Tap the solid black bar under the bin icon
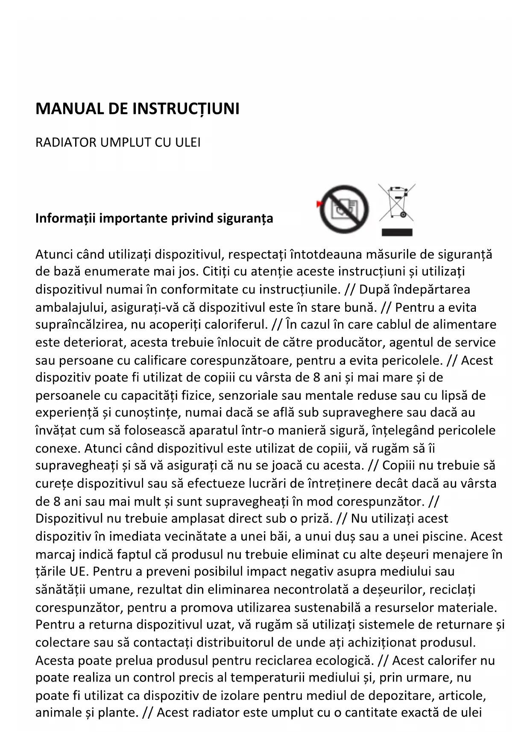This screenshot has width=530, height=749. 397,232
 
